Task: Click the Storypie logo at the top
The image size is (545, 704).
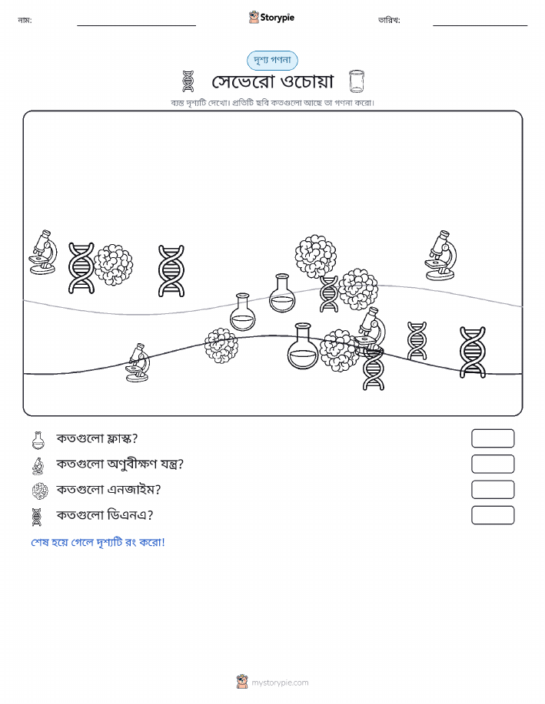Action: (x=271, y=18)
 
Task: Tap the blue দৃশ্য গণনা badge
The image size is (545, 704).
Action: (x=272, y=60)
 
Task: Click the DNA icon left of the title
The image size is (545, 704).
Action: (x=188, y=81)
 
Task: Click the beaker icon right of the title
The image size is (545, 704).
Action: (x=357, y=81)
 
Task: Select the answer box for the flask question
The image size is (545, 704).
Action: (x=493, y=438)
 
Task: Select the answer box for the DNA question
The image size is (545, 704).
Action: (x=493, y=515)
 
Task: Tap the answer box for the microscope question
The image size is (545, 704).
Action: (x=493, y=464)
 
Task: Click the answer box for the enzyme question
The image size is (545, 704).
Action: (x=493, y=489)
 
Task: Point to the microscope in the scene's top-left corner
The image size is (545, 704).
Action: (x=43, y=252)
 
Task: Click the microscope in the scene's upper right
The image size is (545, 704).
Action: (x=440, y=256)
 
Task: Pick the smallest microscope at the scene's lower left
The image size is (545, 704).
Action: (x=138, y=362)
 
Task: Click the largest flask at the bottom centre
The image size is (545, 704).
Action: (x=303, y=345)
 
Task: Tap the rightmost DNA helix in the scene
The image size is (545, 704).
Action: (x=473, y=352)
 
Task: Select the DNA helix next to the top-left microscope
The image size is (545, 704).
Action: (x=81, y=268)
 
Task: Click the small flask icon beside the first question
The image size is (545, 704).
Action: (x=38, y=440)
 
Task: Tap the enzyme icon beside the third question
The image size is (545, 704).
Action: (x=40, y=491)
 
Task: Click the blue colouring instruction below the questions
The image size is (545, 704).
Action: (x=98, y=542)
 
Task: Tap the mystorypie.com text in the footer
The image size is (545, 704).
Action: (x=280, y=683)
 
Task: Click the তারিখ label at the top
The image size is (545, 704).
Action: (x=389, y=20)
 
